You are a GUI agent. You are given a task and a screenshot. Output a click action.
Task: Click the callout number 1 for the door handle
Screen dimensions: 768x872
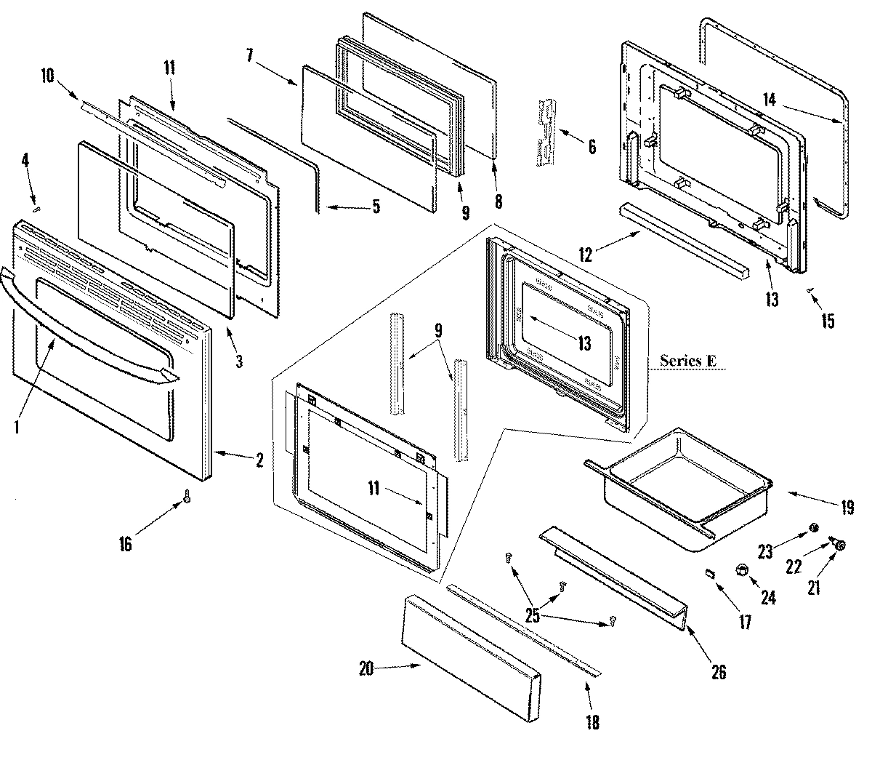[x=17, y=428]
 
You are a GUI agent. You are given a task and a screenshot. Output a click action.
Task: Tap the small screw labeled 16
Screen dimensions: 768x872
[x=187, y=496]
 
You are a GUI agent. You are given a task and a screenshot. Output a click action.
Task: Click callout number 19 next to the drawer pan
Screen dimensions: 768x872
[x=847, y=508]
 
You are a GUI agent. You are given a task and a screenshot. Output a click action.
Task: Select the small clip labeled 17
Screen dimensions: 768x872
[x=710, y=574]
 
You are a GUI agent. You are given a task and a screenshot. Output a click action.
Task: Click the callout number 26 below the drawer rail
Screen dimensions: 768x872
[x=718, y=672]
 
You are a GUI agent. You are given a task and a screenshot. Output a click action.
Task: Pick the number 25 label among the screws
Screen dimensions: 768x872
[x=533, y=616]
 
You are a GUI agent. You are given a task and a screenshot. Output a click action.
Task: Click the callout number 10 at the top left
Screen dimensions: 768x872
[x=47, y=75]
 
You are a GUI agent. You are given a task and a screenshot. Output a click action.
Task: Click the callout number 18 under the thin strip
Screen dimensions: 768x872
[x=593, y=724]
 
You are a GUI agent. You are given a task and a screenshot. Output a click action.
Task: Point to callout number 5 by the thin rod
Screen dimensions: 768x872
[x=375, y=207]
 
